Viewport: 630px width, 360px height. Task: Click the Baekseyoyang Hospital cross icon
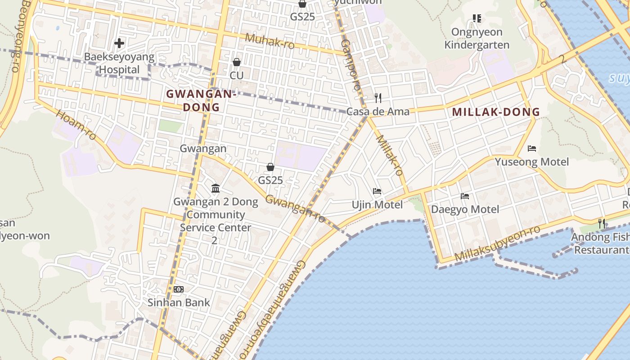[x=119, y=43]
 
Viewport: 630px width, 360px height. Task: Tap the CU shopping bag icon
[x=237, y=62]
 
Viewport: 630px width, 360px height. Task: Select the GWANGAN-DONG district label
[x=201, y=100]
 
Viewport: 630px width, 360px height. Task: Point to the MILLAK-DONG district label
[x=496, y=112]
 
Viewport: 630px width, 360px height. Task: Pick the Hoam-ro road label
[x=76, y=124]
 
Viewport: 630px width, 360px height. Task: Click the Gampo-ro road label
[x=351, y=65]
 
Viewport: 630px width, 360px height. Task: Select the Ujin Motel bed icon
[x=377, y=192]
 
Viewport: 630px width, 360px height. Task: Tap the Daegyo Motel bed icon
[x=465, y=196]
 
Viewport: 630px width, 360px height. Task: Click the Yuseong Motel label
[x=532, y=162]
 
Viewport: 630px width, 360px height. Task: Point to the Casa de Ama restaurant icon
[x=378, y=98]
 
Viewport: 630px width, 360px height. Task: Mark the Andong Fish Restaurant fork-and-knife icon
[x=601, y=223]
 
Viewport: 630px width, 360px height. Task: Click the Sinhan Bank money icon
[x=179, y=289]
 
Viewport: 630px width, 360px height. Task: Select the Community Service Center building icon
[x=216, y=188]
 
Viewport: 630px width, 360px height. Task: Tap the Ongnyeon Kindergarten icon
[x=477, y=18]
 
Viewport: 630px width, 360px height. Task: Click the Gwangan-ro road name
[x=295, y=208]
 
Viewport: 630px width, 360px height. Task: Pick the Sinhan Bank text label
[x=179, y=302]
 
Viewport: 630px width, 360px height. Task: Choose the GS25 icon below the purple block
[x=270, y=167]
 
